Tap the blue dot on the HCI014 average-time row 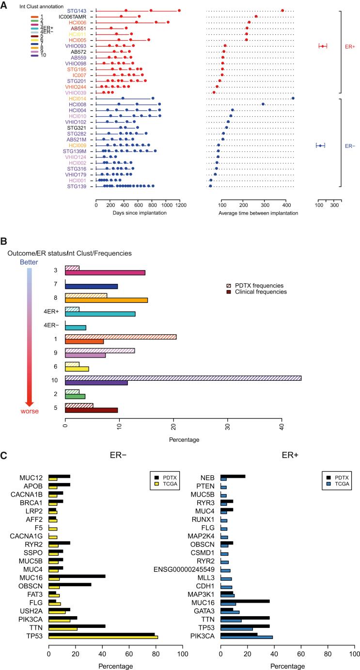point(293,98)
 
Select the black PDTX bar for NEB point(233,490)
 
